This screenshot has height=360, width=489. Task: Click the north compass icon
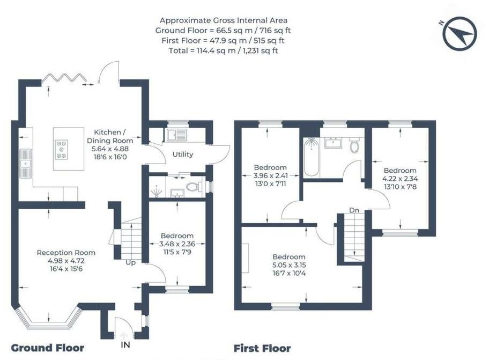[460, 33]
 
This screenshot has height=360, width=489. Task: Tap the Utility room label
[182, 155]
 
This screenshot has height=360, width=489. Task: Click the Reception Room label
[66, 253]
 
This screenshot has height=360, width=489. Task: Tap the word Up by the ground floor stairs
[130, 263]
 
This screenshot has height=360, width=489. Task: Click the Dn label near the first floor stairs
[354, 210]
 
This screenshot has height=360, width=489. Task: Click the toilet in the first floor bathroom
[354, 145]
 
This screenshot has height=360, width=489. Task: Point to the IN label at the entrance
[125, 345]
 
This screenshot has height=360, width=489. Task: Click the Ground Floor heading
[47, 348]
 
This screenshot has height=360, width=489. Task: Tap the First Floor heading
[263, 348]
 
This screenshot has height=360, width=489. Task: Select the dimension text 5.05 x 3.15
[288, 265]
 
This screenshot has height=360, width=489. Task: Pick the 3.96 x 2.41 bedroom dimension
[271, 175]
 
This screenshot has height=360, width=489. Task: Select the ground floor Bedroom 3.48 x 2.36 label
[177, 243]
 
